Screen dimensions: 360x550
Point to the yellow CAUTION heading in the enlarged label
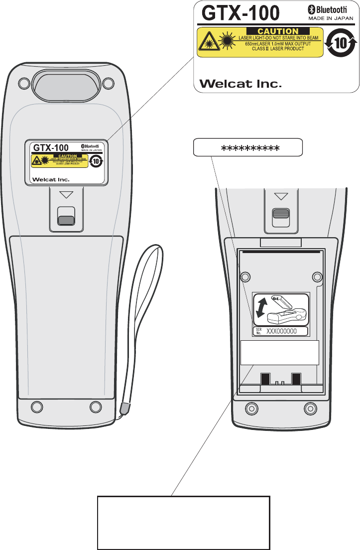point(278,31)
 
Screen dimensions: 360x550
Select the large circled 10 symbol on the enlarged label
point(340,43)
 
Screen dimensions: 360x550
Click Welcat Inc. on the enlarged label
point(240,84)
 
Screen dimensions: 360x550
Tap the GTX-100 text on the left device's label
point(50,148)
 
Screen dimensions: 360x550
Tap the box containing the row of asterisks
point(248,148)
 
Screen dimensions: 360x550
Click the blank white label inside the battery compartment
point(279,353)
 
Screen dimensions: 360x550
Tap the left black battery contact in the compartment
point(265,379)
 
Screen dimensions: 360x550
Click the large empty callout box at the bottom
point(183,522)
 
